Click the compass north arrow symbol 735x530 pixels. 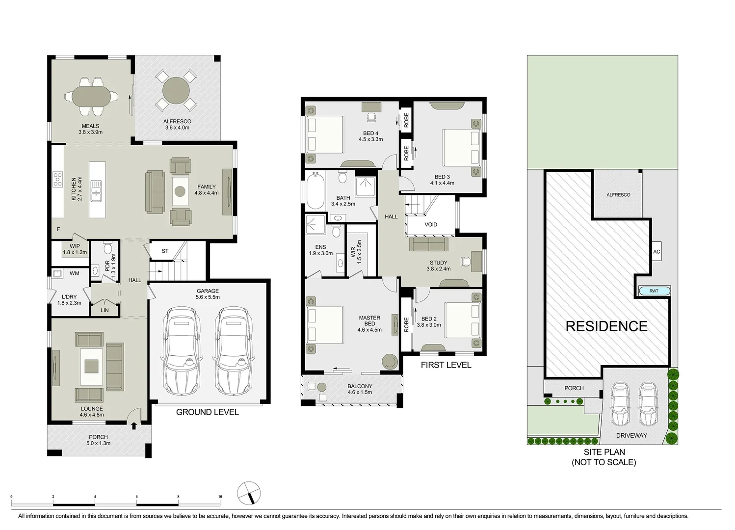(249, 492)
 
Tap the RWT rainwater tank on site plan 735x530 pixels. (654, 291)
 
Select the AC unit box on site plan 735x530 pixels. (656, 252)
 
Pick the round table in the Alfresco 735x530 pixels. (176, 90)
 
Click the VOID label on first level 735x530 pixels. (430, 225)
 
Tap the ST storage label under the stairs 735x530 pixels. (165, 251)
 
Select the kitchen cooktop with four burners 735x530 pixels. (58, 180)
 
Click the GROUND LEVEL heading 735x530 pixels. (207, 412)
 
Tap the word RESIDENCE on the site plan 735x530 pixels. (606, 326)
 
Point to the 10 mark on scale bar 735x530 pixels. (220, 497)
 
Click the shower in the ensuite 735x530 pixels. (315, 225)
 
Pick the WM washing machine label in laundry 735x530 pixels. (74, 273)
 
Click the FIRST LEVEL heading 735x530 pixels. (446, 365)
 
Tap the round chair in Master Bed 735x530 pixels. (391, 362)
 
